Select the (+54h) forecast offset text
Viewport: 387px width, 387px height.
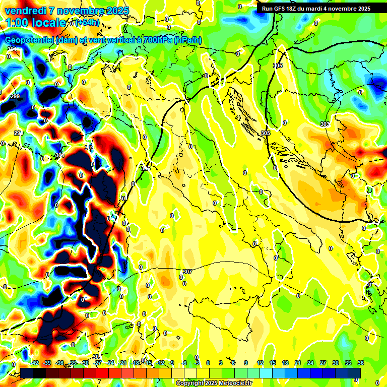[88, 23]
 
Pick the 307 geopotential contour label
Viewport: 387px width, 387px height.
[187, 272]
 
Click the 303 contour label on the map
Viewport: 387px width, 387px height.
[325, 124]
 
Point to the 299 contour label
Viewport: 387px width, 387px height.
[15, 96]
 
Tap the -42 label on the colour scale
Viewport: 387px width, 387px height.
[34, 363]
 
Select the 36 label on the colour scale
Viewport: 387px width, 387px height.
[360, 363]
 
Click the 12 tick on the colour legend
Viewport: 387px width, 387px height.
[260, 363]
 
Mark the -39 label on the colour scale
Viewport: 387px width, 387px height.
[47, 363]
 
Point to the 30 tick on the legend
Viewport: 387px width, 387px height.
[335, 363]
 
